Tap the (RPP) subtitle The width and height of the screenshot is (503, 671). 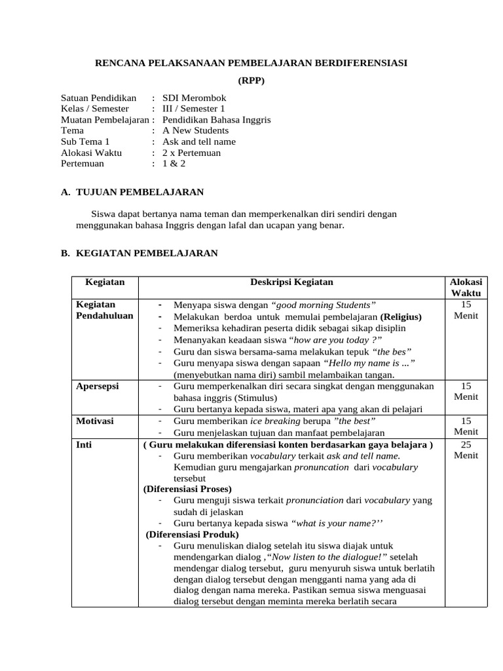pyautogui.click(x=251, y=80)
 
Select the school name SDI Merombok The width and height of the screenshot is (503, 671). pyautogui.click(x=194, y=98)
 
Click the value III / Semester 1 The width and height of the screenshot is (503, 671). pyautogui.click(x=193, y=109)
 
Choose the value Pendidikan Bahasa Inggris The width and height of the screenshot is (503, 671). pyautogui.click(x=216, y=120)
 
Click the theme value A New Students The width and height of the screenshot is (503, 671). pyautogui.click(x=195, y=130)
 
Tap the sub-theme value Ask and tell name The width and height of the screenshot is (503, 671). pyautogui.click(x=199, y=142)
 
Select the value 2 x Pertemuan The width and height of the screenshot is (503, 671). pyautogui.click(x=191, y=153)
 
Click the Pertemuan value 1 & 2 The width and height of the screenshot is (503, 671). pyautogui.click(x=174, y=163)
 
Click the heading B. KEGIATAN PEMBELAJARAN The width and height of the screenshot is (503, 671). pyautogui.click(x=139, y=253)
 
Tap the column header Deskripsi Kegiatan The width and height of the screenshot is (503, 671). pyautogui.click(x=291, y=282)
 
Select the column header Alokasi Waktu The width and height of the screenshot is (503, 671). pyautogui.click(x=466, y=288)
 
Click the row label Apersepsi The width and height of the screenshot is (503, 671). pyautogui.click(x=98, y=386)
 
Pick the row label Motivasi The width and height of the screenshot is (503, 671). pyautogui.click(x=95, y=421)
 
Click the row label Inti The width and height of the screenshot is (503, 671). pyautogui.click(x=83, y=444)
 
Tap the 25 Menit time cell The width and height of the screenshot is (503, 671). pyautogui.click(x=466, y=450)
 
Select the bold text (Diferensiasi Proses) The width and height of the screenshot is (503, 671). pyautogui.click(x=187, y=489)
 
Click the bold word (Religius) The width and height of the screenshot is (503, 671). pyautogui.click(x=401, y=316)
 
